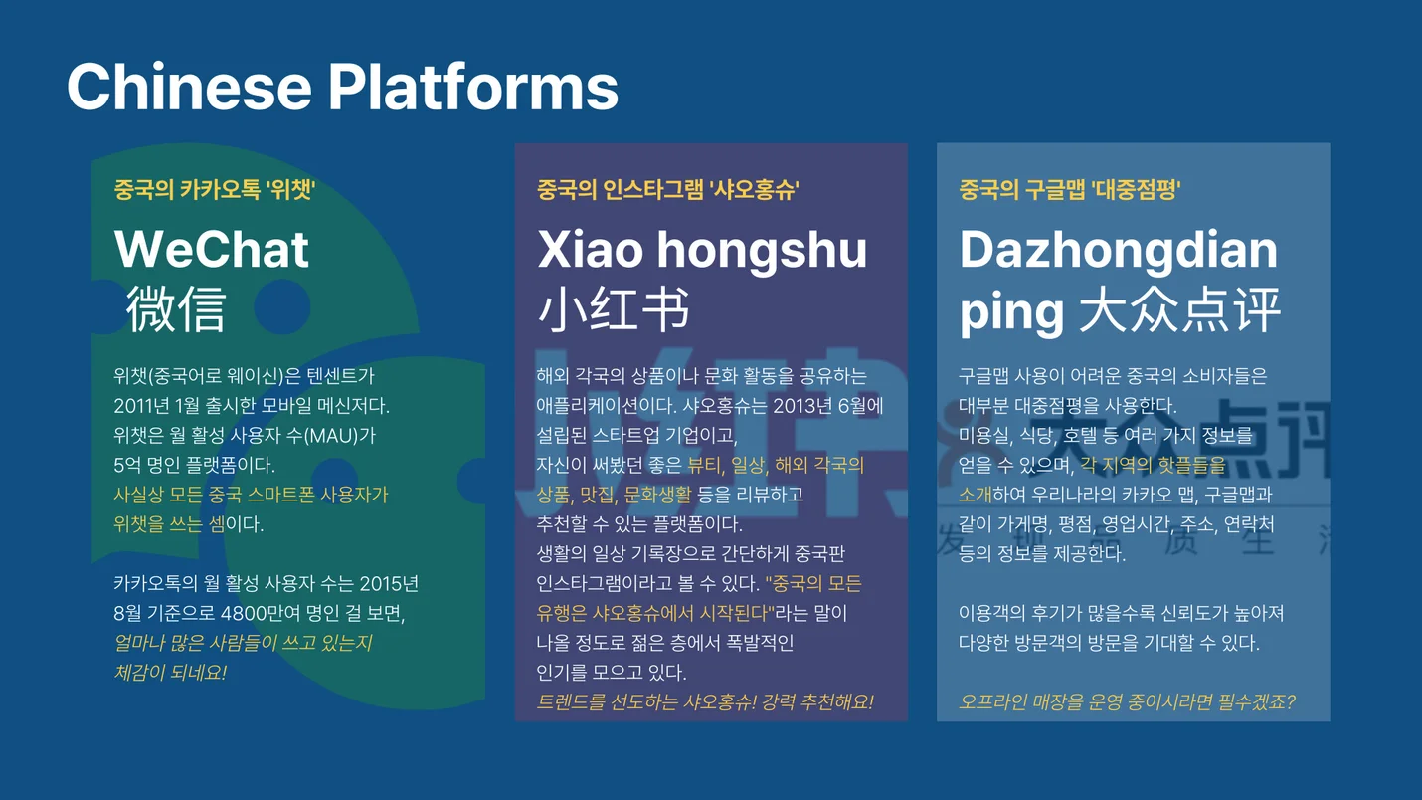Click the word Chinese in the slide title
coord(189,87)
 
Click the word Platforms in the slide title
coord(473,87)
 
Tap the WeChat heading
coord(212,249)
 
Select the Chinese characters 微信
coord(176,308)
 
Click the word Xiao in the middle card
coord(591,250)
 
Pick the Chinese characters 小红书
coord(614,309)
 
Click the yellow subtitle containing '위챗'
coord(215,189)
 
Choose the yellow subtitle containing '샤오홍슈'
coord(668,189)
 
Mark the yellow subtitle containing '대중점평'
coord(1070,189)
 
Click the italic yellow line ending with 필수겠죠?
coord(1127,702)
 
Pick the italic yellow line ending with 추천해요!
coord(705,702)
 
